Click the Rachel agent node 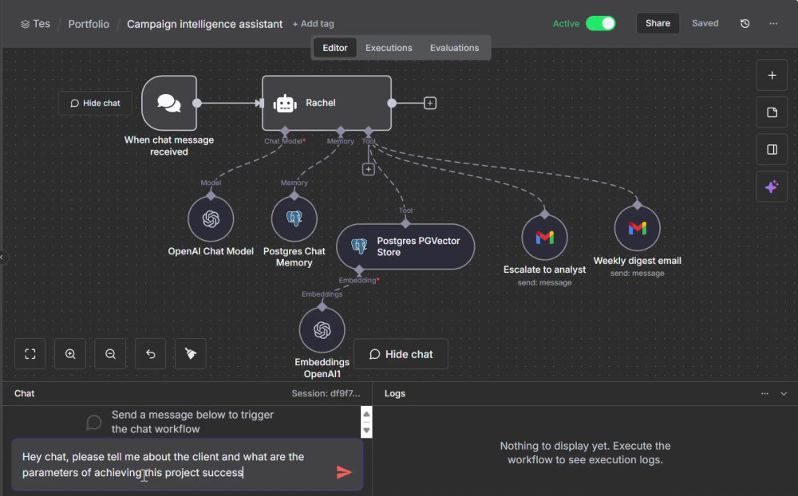click(x=326, y=103)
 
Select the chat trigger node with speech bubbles click(x=169, y=103)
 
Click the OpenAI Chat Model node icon click(x=211, y=218)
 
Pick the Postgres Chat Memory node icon click(x=294, y=218)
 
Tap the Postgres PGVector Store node click(x=405, y=246)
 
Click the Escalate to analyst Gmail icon click(x=544, y=237)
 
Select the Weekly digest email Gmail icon click(x=637, y=228)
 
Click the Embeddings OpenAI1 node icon click(x=322, y=329)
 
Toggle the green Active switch click(x=601, y=23)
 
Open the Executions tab click(x=389, y=48)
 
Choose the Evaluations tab click(x=455, y=48)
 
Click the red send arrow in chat click(x=344, y=473)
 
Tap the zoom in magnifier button click(x=70, y=353)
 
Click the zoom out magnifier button click(x=110, y=353)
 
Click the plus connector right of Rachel click(x=430, y=104)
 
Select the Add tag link click(x=313, y=24)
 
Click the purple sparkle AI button click(x=772, y=187)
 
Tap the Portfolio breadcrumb click(x=89, y=24)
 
